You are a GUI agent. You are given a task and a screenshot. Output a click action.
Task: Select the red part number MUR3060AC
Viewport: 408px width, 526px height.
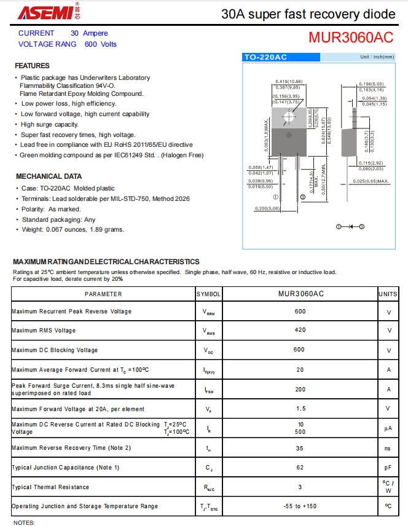point(351,37)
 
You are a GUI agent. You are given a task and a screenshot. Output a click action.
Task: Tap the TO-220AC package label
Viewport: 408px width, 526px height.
point(265,57)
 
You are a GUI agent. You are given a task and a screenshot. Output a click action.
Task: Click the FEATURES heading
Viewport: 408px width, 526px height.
point(32,66)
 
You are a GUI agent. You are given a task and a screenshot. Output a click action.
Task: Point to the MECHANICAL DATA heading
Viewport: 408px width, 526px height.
point(48,176)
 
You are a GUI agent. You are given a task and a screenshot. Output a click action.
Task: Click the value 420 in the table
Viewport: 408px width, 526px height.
point(300,331)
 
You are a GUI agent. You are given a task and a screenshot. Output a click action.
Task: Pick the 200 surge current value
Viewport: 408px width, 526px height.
point(300,390)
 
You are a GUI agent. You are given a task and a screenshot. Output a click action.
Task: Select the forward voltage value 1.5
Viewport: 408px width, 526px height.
point(300,409)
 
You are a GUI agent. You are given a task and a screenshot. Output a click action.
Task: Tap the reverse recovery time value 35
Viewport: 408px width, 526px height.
point(300,448)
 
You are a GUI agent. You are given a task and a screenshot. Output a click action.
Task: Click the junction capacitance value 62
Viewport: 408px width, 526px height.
point(300,468)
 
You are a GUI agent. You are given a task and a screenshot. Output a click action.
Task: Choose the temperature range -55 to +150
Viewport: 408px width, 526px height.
point(300,506)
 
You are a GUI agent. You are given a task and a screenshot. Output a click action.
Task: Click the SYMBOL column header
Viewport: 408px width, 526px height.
point(209,294)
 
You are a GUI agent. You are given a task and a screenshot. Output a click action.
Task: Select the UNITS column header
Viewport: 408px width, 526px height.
point(388,294)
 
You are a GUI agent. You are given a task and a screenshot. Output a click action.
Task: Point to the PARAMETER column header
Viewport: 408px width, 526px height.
point(103,294)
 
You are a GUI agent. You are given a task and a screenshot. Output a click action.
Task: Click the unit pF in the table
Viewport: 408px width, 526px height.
point(388,468)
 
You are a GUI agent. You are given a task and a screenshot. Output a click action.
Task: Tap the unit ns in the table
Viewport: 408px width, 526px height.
point(388,448)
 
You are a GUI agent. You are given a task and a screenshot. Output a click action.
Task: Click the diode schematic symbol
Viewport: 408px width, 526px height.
point(350,227)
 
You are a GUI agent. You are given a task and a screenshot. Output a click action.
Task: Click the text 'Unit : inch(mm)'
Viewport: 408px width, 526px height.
point(377,57)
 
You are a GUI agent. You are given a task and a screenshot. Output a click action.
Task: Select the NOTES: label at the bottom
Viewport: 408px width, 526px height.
point(24,522)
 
